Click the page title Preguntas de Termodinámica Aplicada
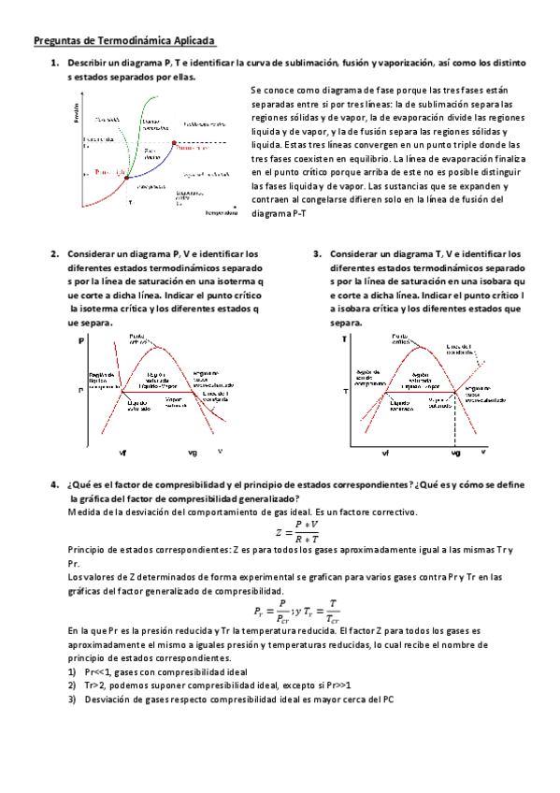pos(124,41)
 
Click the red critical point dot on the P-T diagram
pos(173,143)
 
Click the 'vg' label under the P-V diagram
pos(193,452)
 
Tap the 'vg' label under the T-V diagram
pos(455,452)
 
